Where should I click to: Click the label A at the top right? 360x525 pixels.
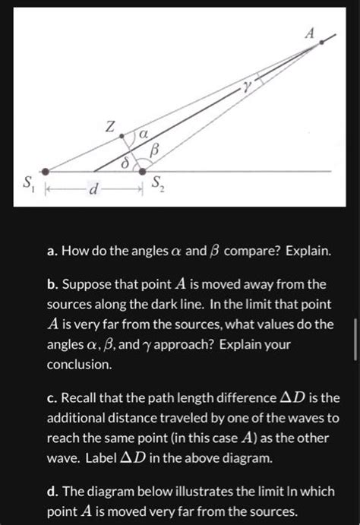pos(308,33)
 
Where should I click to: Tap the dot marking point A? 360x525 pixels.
pos(322,43)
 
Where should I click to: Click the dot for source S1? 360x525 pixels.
pos(46,171)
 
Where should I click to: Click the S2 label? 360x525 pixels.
pos(156,183)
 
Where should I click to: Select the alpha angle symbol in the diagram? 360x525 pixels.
pos(142,134)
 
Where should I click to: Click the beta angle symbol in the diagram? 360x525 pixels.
pos(155,151)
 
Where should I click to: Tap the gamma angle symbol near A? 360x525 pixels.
pos(247,87)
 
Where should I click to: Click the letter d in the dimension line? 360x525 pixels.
pos(93,188)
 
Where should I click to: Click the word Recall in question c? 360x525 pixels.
pos(94,397)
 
